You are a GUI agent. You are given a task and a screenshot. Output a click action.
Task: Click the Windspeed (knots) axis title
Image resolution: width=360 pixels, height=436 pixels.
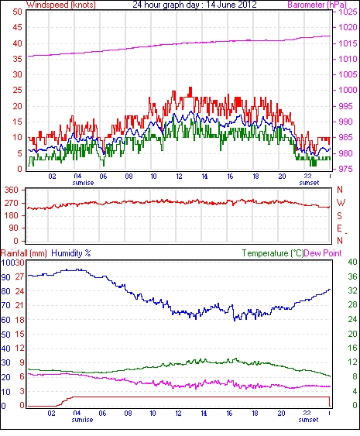(x=61, y=5)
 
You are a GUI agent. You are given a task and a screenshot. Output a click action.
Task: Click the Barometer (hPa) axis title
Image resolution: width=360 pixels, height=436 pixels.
(x=317, y=5)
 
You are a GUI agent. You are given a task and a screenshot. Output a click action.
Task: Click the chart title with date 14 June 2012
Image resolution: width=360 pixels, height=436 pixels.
(x=194, y=5)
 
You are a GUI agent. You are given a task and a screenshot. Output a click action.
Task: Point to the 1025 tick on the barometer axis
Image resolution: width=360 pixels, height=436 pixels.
(x=348, y=12)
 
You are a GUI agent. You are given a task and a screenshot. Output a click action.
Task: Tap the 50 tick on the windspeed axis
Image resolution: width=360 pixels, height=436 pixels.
(x=17, y=12)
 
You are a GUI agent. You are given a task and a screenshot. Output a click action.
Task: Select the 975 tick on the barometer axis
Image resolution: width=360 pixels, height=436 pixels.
(x=345, y=169)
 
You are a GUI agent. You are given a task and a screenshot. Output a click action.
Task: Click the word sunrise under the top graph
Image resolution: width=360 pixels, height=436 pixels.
(x=83, y=183)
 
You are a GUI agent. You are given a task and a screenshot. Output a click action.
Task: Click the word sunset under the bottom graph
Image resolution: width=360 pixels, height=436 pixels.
(x=308, y=419)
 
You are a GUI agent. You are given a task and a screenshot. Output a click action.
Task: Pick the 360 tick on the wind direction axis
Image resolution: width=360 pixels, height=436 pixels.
(x=11, y=191)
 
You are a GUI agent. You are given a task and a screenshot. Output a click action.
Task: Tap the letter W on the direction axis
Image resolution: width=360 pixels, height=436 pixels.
(x=341, y=203)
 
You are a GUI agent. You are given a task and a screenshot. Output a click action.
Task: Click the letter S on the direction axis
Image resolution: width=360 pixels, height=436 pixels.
(x=339, y=215)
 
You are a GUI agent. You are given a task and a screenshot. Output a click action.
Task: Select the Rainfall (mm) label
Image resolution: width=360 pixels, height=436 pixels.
(x=24, y=253)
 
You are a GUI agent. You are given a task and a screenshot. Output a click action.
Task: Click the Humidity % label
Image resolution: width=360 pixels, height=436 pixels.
(x=71, y=253)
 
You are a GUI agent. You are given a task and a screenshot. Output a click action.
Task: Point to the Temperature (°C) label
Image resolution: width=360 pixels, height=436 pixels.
(x=273, y=253)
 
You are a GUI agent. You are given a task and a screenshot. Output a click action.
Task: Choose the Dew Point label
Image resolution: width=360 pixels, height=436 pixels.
(x=323, y=253)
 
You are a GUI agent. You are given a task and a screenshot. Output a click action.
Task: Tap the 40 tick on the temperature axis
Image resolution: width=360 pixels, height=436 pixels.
(x=353, y=262)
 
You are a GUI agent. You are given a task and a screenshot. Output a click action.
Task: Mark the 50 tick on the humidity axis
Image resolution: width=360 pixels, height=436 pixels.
(x=5, y=335)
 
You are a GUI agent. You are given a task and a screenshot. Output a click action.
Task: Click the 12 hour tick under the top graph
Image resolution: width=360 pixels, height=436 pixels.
(x=180, y=177)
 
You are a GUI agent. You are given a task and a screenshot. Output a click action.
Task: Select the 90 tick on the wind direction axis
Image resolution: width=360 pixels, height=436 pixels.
(x=14, y=228)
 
